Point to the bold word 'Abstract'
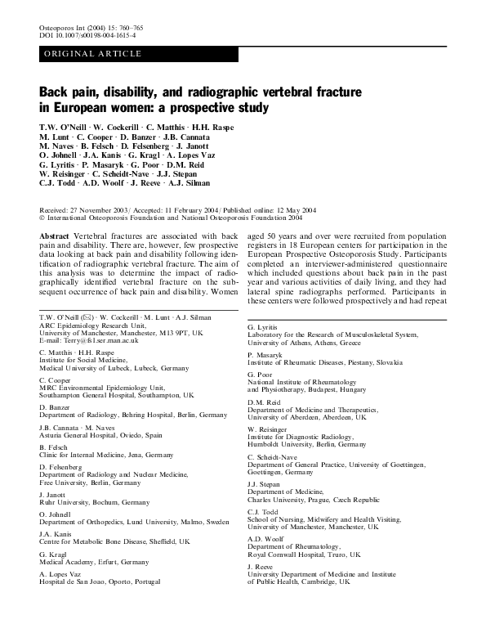[55, 236]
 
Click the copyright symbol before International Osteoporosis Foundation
[42, 218]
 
